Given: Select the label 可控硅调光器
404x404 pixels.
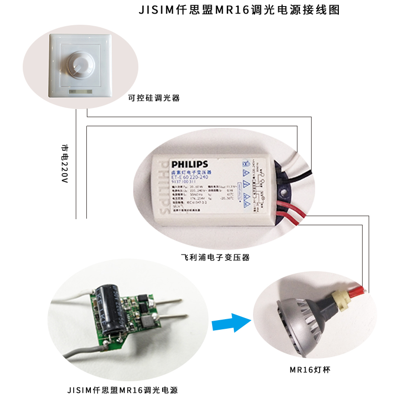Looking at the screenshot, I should click(x=155, y=98).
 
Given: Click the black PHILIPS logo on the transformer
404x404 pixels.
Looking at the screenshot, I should click(x=189, y=164).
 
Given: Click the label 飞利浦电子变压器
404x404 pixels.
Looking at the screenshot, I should click(x=216, y=257).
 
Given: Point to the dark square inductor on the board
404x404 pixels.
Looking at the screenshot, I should click(x=148, y=320).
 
